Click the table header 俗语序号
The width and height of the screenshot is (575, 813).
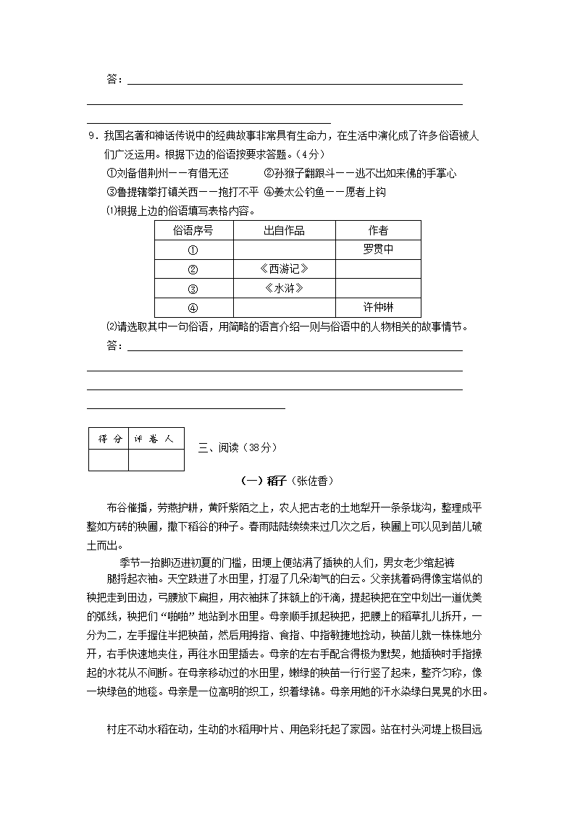(193, 231)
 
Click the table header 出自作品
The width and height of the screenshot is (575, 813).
(284, 231)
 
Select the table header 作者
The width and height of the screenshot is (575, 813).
(378, 231)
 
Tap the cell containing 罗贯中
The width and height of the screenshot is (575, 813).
(378, 250)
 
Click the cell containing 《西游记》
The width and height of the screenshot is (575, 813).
(284, 269)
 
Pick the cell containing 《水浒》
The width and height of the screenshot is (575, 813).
(284, 288)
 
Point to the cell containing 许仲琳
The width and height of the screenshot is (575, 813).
(378, 307)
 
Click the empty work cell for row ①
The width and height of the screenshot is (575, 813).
(284, 250)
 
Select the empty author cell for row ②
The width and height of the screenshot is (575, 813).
(378, 269)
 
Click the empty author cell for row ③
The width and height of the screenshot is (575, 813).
(378, 288)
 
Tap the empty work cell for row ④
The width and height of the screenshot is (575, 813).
(284, 307)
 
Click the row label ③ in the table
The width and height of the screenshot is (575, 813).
(193, 288)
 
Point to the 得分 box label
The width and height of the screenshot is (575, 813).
(109, 439)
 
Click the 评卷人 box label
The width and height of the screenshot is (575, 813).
(156, 439)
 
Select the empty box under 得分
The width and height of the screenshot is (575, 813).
(109, 460)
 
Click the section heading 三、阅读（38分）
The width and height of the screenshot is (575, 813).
(238, 447)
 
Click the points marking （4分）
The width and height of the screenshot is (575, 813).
(310, 154)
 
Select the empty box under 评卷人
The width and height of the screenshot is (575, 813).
(156, 460)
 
